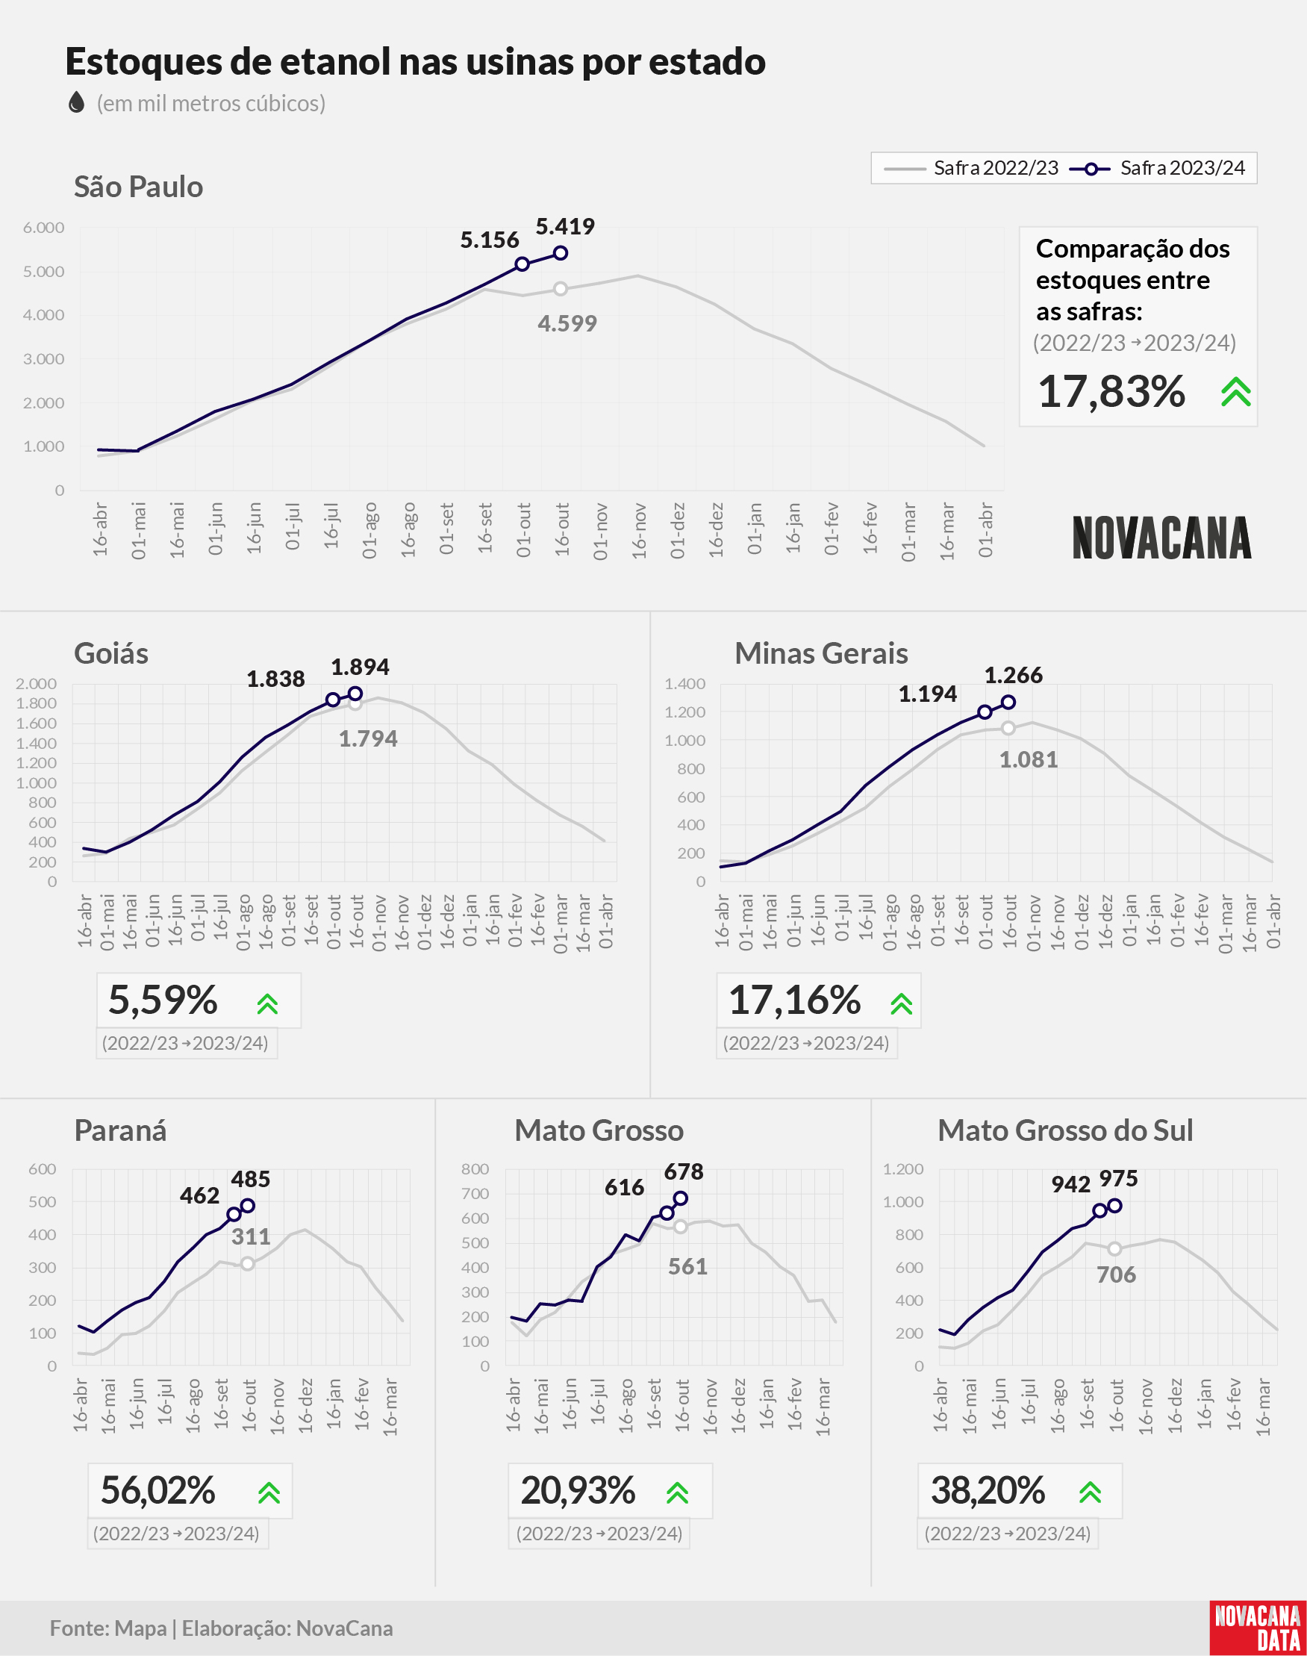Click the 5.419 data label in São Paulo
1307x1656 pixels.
tap(565, 226)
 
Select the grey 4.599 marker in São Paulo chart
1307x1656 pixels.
tap(561, 288)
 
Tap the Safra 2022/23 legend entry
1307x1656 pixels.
tap(971, 167)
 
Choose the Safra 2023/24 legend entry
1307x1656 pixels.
tap(1157, 167)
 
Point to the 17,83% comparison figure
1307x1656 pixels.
tap(1111, 391)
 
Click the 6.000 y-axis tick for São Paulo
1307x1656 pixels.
tap(43, 227)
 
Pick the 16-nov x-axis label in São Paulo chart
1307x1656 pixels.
tap(639, 529)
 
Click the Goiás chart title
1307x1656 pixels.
tap(111, 653)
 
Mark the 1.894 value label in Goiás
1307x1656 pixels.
tap(360, 667)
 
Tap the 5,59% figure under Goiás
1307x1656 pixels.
tap(163, 1000)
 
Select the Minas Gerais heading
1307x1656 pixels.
tap(821, 653)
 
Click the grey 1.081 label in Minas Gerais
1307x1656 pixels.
tap(1029, 760)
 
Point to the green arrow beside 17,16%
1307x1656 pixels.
tap(902, 1003)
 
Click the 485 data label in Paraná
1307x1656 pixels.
tap(250, 1179)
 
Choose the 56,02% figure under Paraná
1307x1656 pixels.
tap(157, 1490)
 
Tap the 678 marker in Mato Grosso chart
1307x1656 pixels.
tap(680, 1198)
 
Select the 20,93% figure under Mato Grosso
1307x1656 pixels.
tap(578, 1490)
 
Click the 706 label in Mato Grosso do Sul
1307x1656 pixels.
tap(1116, 1275)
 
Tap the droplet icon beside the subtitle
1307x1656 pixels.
tap(75, 102)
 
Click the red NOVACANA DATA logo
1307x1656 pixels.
tap(1258, 1628)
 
